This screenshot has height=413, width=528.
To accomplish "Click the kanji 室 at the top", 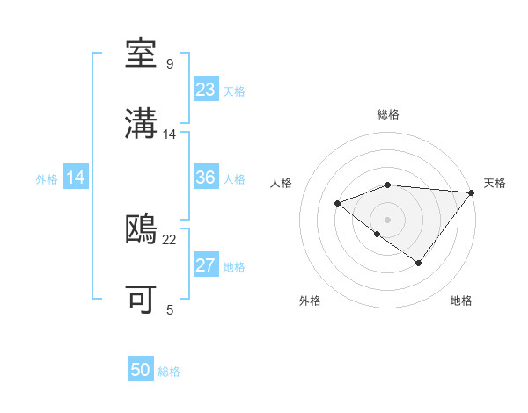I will [142, 55].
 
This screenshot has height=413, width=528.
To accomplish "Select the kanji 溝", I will [142, 126].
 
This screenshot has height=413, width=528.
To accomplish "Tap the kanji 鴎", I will [142, 230].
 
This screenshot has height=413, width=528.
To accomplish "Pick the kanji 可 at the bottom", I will [142, 300].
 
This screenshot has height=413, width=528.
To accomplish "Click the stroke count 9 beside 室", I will [170, 64].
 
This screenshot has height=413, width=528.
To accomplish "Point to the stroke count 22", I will [170, 239].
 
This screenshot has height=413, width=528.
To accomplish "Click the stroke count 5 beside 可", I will [170, 309].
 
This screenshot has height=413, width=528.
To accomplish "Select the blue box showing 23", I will [206, 89].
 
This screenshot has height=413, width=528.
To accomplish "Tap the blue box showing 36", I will [206, 178].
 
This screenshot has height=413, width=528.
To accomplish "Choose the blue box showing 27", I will [206, 265].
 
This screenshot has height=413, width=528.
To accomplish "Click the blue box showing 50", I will [141, 370].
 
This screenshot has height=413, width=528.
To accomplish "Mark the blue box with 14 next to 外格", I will [76, 178].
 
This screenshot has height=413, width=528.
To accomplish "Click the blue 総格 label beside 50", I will [170, 372].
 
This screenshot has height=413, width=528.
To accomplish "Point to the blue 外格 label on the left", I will [47, 178].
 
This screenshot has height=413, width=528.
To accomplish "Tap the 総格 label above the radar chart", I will [388, 114].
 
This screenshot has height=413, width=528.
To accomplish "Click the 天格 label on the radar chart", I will [495, 183].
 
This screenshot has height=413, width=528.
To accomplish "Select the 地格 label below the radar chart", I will [461, 301].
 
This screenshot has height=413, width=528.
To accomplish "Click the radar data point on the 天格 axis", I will [472, 192].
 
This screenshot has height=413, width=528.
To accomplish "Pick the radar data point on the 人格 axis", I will [337, 204].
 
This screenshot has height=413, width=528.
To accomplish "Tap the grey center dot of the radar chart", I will [388, 219].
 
